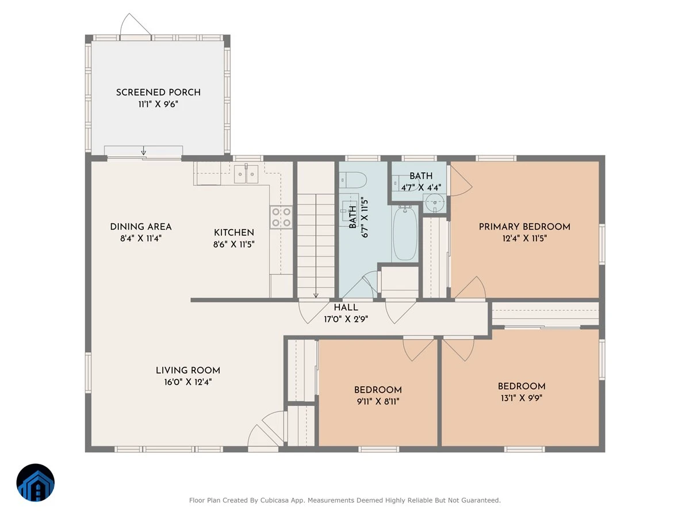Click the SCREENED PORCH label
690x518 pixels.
[x=158, y=93]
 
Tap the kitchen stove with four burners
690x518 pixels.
[x=281, y=218]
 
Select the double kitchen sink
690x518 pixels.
[x=246, y=174]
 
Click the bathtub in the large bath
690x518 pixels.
[x=405, y=233]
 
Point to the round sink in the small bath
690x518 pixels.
[x=435, y=203]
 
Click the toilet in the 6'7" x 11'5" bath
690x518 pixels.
[x=352, y=180]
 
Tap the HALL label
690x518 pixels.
[x=346, y=307]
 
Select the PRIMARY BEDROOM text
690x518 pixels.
[x=524, y=227]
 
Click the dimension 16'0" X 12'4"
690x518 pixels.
[x=188, y=382]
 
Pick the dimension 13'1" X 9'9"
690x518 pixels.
[x=522, y=398]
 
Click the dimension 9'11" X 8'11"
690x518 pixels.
[x=378, y=402]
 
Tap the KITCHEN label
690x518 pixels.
[x=234, y=233]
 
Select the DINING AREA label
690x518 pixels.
[x=141, y=227]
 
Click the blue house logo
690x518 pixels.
[x=36, y=482]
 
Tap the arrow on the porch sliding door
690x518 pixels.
[x=144, y=150]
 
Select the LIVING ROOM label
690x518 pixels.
[x=188, y=371]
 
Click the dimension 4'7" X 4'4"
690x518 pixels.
[x=421, y=188]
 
